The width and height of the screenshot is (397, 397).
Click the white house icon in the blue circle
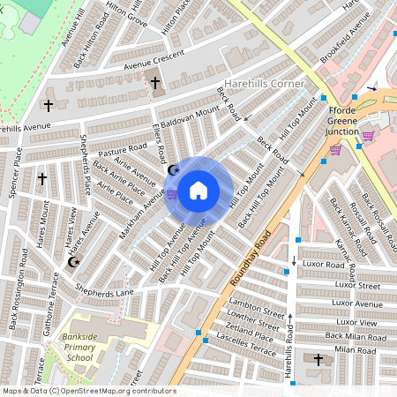click(x=198, y=190)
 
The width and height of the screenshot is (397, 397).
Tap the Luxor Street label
click(x=356, y=285)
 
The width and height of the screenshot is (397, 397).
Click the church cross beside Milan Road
click(x=319, y=359)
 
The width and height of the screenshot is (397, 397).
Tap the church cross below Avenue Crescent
click(x=155, y=83)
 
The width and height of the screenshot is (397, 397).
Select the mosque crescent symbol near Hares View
click(x=73, y=262)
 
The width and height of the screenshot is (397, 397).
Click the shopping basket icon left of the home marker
click(x=171, y=194)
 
